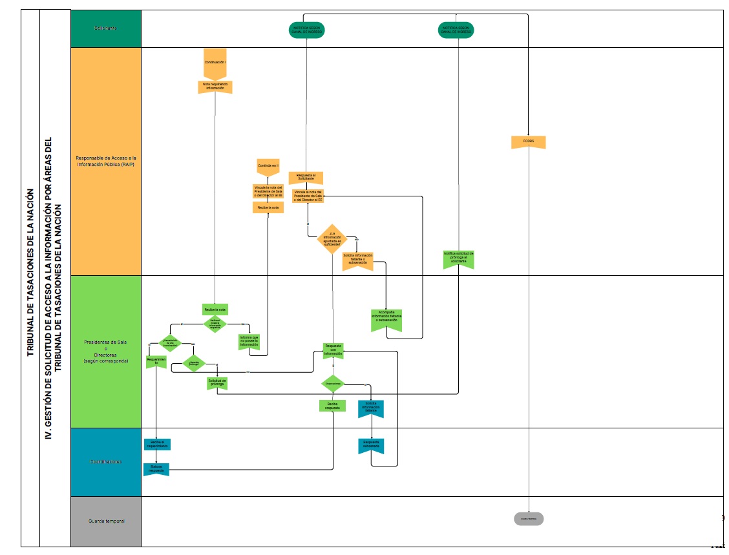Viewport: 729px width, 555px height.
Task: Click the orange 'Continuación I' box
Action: point(215,61)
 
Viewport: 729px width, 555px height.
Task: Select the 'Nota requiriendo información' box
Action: point(215,87)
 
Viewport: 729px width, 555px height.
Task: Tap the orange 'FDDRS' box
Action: point(528,141)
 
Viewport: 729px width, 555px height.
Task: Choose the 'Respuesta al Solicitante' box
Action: point(306,178)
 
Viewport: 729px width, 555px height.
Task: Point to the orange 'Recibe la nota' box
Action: point(268,207)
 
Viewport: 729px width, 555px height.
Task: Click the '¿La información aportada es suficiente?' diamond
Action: point(332,238)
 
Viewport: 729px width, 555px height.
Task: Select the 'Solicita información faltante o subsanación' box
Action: point(357,260)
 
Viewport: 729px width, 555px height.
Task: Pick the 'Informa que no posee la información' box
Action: point(249,342)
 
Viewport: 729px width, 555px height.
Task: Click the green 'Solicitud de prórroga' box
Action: point(217,382)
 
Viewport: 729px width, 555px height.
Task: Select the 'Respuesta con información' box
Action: point(333,350)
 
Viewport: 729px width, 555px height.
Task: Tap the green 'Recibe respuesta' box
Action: point(332,406)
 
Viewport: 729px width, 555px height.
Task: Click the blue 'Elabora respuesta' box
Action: point(156,469)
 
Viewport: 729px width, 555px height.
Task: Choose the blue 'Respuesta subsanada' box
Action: point(371,445)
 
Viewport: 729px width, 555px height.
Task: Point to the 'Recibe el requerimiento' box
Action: point(156,444)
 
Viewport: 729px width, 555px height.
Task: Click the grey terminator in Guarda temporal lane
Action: point(529,519)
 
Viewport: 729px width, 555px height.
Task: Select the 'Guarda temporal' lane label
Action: point(106,521)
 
